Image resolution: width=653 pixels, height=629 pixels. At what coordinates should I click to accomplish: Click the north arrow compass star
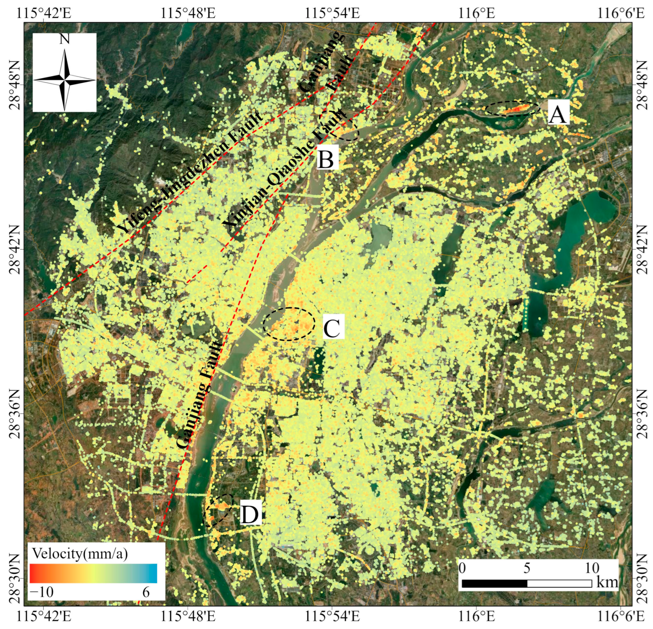[x=64, y=80]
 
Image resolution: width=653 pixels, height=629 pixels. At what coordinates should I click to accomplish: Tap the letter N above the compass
[x=64, y=39]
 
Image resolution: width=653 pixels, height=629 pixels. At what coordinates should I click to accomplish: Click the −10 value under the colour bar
[x=42, y=592]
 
